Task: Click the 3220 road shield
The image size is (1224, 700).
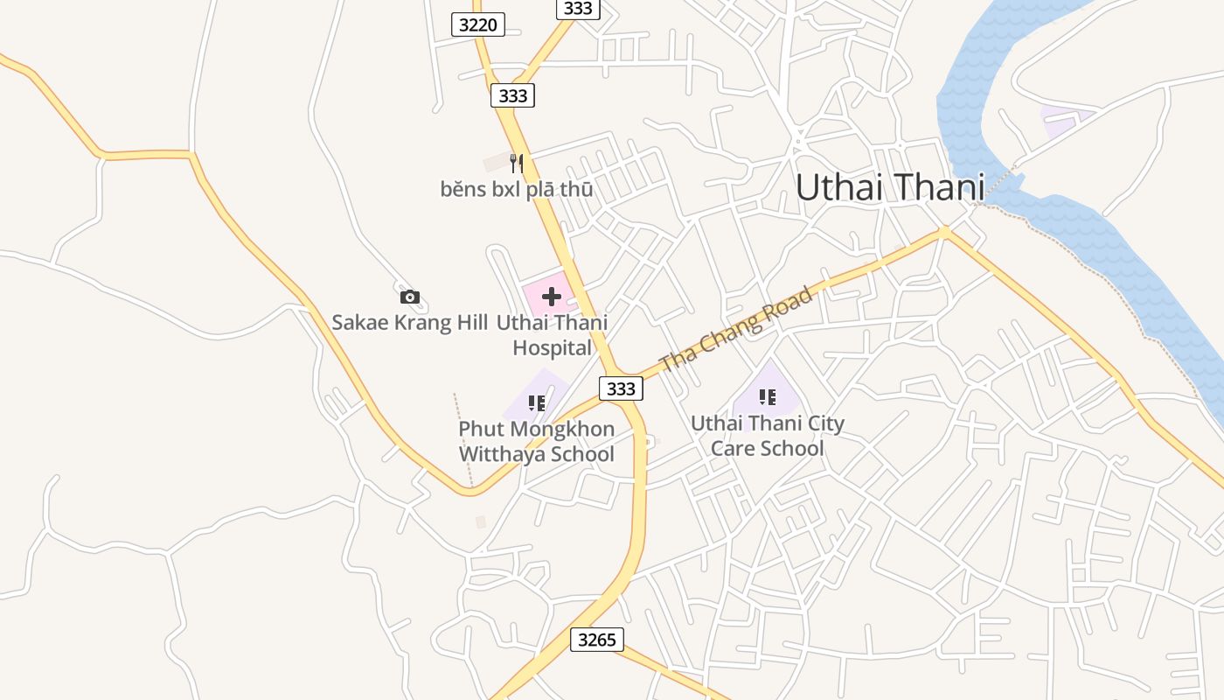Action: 478,24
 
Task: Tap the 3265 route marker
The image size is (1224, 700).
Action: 597,640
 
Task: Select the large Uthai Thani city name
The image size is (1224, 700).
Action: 890,187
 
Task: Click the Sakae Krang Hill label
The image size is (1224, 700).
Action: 409,322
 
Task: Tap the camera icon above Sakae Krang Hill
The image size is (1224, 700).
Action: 409,297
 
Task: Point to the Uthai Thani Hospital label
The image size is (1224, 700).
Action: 552,335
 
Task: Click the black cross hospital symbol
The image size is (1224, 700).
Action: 551,297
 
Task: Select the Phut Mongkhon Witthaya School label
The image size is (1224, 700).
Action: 536,442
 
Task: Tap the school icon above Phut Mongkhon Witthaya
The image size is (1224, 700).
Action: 536,403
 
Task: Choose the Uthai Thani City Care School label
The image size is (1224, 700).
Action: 768,436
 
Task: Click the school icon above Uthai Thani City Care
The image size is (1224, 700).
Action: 767,398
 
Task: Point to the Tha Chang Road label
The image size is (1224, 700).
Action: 736,328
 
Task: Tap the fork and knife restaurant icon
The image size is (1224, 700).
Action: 516,163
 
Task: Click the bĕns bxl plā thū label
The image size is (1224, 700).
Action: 517,189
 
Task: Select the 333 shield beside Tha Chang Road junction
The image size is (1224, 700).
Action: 621,388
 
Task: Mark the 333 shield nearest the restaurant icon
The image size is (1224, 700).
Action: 512,95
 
